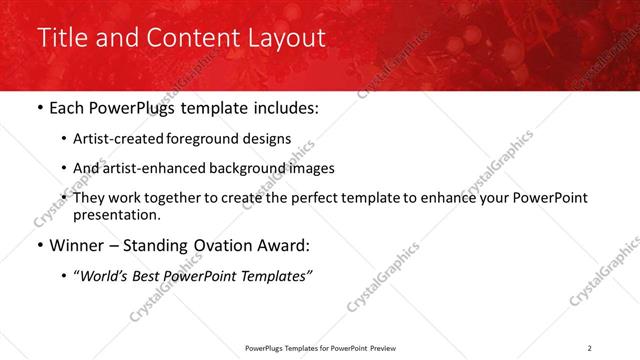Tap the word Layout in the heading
pyautogui.click(x=282, y=38)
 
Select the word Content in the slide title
pyautogui.click(x=190, y=38)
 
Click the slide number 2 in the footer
pyautogui.click(x=589, y=348)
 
